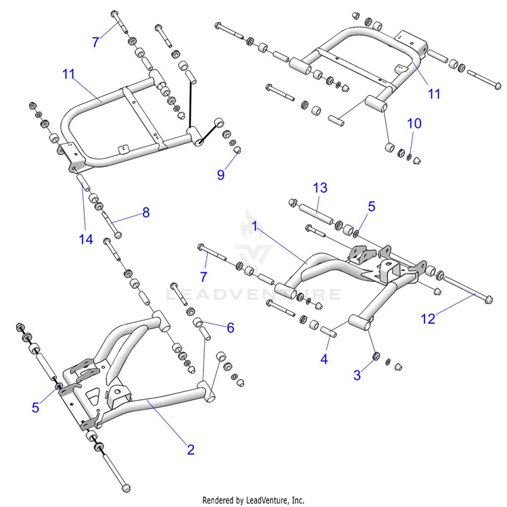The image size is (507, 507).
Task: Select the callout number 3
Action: [x=357, y=375]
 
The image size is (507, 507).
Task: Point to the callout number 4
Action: [x=324, y=359]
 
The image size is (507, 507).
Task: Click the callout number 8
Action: [x=145, y=212]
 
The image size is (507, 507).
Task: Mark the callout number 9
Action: [x=220, y=175]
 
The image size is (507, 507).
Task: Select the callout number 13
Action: [x=320, y=187]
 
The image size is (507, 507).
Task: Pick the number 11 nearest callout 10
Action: [x=434, y=94]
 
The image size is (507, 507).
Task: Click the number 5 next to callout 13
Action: [x=371, y=207]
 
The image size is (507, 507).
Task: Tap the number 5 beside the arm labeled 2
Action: [x=37, y=407]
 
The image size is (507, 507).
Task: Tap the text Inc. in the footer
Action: [x=296, y=500]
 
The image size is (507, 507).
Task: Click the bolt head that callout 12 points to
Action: [x=489, y=299]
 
